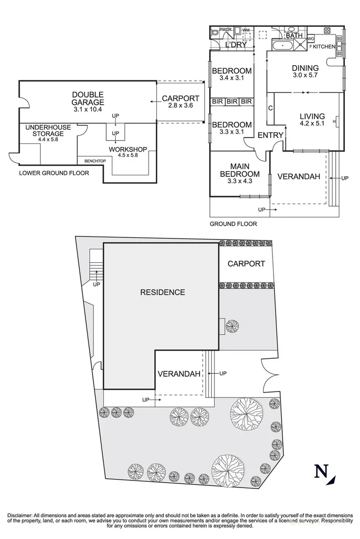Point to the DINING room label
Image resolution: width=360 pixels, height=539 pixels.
click(305, 68)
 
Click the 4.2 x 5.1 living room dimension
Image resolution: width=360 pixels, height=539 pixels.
click(311, 124)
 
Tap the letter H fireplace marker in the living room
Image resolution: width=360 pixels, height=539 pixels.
click(335, 122)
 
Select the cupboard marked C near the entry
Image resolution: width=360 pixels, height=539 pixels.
click(271, 108)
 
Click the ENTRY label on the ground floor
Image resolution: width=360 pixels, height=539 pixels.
click(271, 135)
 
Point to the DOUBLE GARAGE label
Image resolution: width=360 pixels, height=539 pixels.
click(87, 99)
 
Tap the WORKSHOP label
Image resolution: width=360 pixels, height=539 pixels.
click(127, 149)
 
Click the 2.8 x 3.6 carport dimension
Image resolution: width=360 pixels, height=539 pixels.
click(181, 106)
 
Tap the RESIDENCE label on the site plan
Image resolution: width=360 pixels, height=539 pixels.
click(162, 292)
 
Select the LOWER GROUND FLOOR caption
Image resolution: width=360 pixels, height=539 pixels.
click(54, 173)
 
